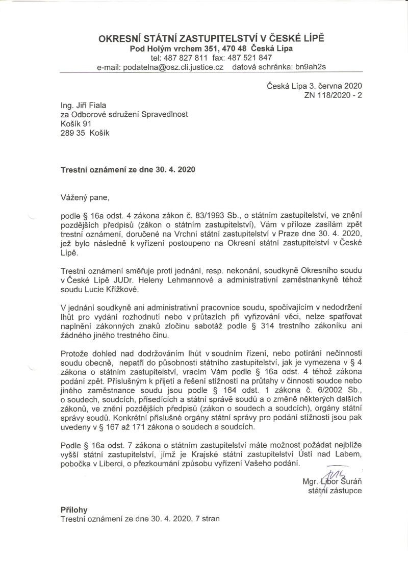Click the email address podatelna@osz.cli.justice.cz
170,67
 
